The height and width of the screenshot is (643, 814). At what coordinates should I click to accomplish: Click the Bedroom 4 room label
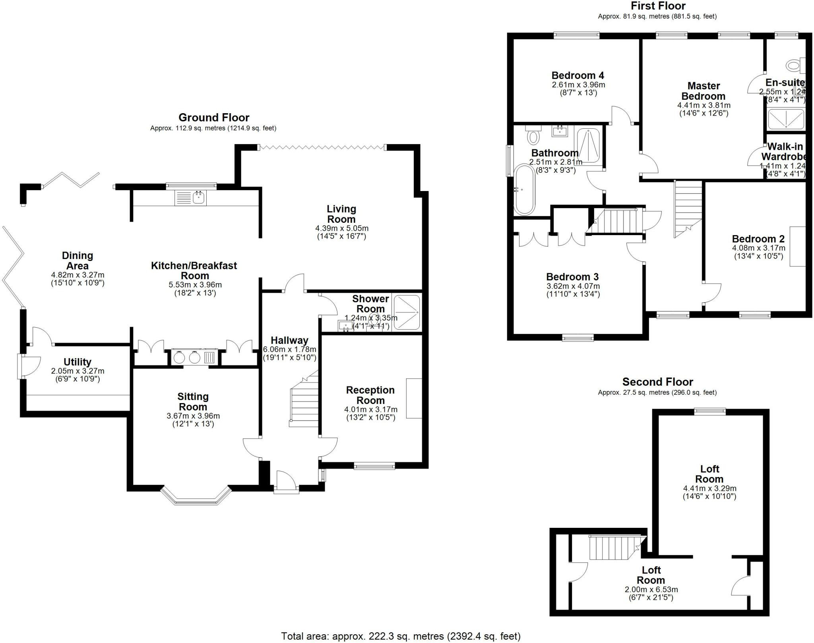click(x=578, y=75)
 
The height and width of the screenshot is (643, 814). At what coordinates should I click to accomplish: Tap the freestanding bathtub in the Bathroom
click(x=525, y=190)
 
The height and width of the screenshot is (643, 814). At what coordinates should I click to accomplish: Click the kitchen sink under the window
click(x=198, y=197)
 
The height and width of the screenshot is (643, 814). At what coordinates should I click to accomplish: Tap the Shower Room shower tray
click(x=406, y=312)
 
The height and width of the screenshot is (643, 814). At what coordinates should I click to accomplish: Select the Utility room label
click(x=78, y=362)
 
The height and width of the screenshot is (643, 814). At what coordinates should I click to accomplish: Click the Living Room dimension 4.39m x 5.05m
click(x=341, y=228)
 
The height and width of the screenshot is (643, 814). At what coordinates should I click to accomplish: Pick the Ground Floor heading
click(x=214, y=118)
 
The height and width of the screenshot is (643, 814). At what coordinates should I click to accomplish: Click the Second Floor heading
click(x=657, y=382)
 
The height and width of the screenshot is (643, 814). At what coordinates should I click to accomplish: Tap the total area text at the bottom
click(x=401, y=636)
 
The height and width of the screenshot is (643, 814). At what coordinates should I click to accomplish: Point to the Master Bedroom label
click(x=704, y=91)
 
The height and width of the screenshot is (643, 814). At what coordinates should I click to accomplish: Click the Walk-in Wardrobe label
click(x=784, y=151)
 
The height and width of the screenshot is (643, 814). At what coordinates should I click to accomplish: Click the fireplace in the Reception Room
click(x=414, y=398)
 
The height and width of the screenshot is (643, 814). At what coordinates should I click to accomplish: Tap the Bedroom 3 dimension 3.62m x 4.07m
click(x=573, y=286)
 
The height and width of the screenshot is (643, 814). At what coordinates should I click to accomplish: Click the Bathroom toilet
click(x=533, y=135)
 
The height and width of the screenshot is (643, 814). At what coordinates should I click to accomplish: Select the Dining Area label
click(x=78, y=261)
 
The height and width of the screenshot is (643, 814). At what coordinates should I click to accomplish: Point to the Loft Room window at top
click(x=710, y=411)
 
